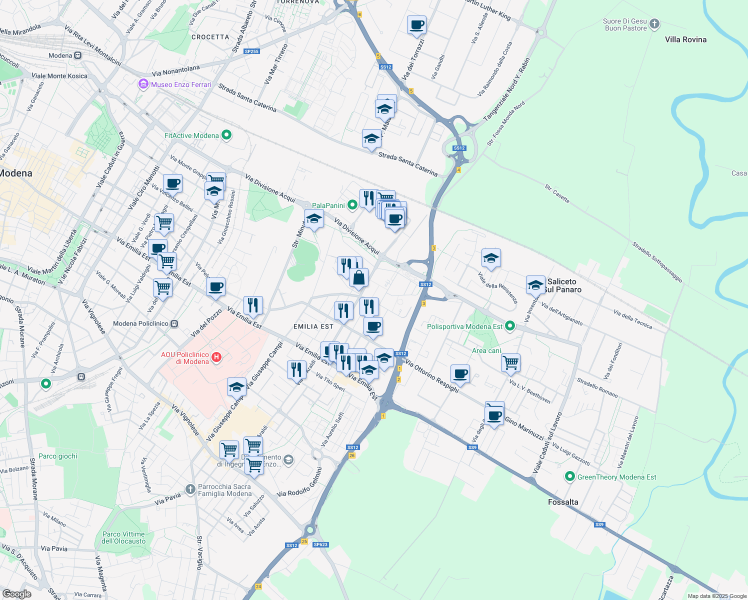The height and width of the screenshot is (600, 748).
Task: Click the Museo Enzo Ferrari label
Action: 181,84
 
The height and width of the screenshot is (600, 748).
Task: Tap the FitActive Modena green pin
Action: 226,135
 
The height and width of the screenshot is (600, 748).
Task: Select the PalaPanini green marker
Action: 352,204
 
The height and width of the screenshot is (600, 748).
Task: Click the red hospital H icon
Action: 216,357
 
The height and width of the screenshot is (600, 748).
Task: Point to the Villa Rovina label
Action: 685,39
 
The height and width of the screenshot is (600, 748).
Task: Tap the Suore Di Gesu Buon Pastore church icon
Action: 654,24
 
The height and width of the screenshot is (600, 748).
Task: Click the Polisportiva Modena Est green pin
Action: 510,326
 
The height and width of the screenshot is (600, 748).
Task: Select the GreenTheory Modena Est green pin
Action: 569,476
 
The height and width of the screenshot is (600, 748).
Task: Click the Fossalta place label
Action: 563,502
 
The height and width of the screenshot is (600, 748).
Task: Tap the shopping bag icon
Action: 359,278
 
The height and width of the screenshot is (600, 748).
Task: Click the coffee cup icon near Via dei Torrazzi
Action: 416,25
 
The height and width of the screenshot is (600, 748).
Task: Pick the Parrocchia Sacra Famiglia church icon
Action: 190,489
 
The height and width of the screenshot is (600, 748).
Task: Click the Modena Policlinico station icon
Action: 174,323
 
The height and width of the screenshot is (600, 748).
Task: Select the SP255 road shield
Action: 251,51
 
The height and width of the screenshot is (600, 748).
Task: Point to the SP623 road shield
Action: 320,544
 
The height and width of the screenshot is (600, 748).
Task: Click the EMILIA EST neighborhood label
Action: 313,326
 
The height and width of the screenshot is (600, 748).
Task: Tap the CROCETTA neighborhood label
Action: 210,37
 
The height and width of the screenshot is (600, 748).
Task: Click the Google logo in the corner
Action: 17,593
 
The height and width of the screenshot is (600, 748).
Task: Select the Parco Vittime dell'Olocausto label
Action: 123,537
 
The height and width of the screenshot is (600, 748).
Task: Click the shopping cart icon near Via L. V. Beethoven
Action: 510,362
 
